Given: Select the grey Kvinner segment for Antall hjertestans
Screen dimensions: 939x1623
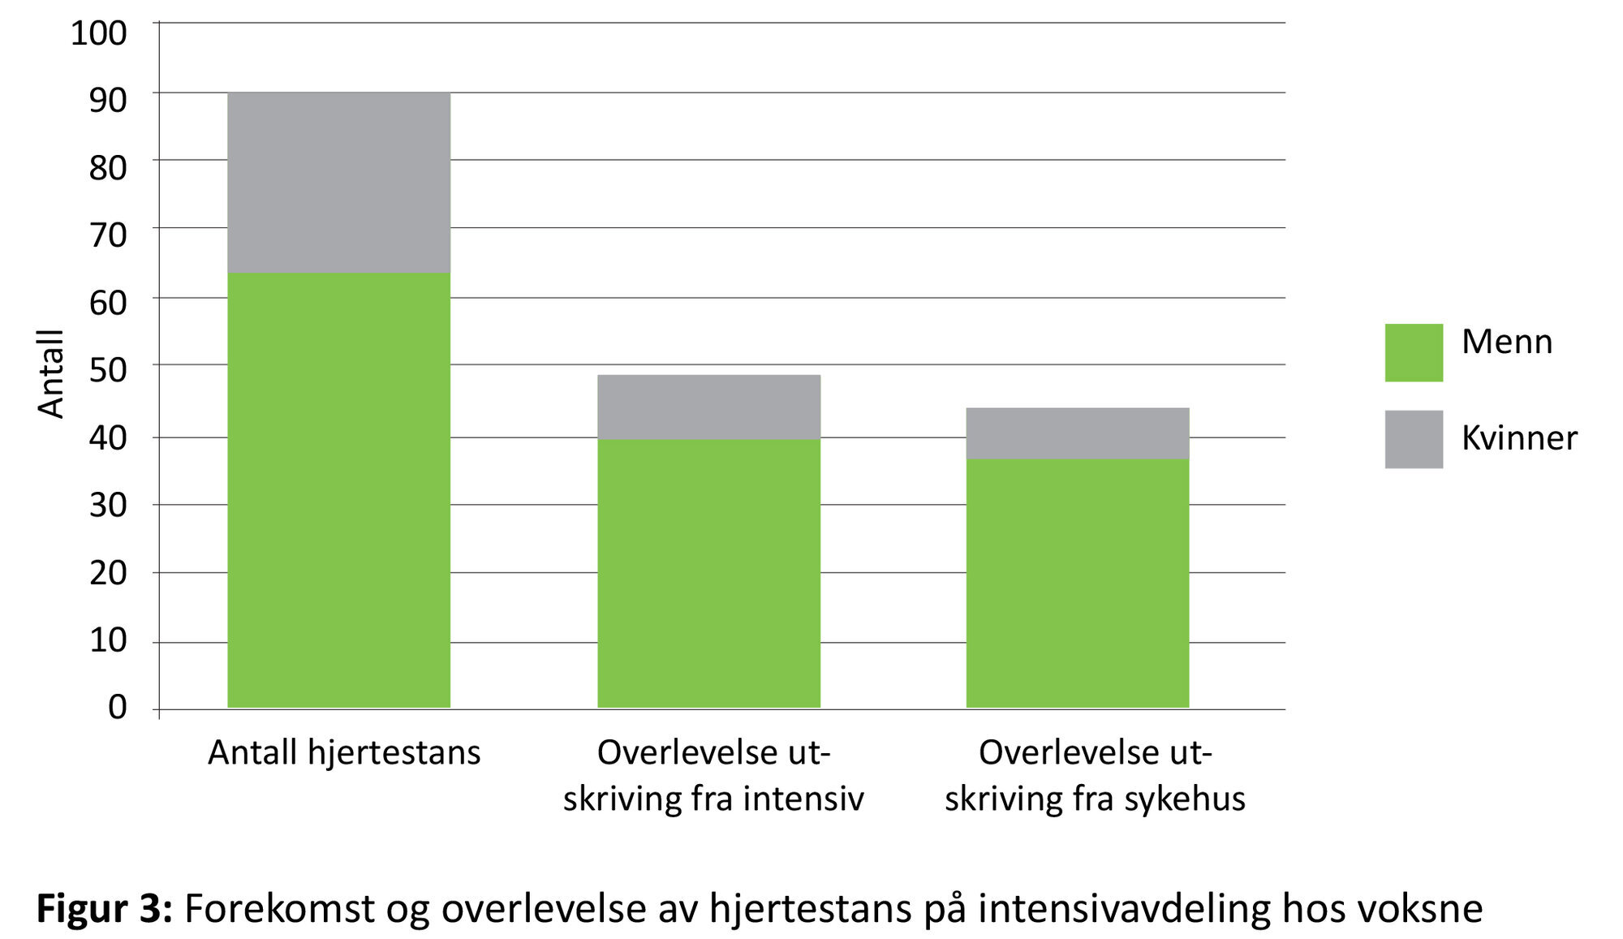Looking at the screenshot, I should [x=338, y=183].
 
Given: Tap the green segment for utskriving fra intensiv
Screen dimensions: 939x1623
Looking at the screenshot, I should [x=708, y=573].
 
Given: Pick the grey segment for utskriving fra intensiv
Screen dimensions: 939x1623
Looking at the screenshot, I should [x=708, y=407].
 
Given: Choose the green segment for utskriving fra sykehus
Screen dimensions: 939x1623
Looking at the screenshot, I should [x=1077, y=583].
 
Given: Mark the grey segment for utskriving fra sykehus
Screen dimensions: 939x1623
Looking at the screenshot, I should [x=1077, y=433].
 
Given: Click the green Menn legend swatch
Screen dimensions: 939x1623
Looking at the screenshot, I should [x=1413, y=353].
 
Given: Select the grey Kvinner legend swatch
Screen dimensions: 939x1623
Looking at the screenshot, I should [x=1413, y=439].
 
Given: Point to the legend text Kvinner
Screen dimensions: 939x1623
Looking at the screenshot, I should [x=1519, y=438].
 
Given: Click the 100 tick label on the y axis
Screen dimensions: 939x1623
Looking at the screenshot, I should [x=99, y=33].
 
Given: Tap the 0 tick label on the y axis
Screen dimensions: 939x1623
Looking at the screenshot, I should [x=118, y=707].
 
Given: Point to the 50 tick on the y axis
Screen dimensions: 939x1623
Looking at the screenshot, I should [x=108, y=370].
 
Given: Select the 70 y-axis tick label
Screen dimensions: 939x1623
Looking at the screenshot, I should [x=108, y=235].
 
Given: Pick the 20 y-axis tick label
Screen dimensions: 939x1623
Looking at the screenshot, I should [x=108, y=573].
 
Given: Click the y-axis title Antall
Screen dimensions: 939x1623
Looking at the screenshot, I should [x=50, y=374].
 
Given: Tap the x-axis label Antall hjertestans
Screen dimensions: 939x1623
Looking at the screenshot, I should [x=344, y=752].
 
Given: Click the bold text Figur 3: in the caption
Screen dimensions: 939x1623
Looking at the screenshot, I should [x=105, y=908].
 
